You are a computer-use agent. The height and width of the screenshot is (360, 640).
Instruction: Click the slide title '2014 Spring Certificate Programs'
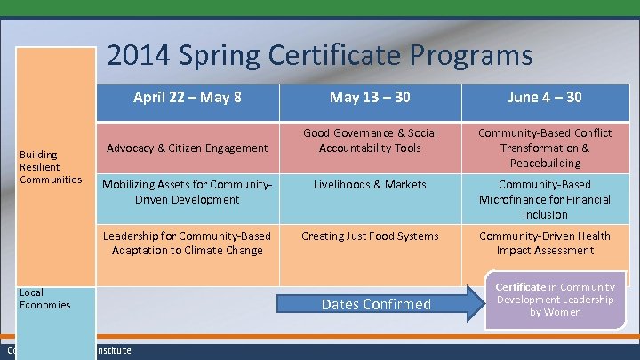click(x=320, y=56)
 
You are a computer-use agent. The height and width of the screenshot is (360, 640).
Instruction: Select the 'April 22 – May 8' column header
click(x=187, y=97)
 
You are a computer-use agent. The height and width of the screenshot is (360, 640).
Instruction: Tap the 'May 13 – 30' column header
click(x=370, y=97)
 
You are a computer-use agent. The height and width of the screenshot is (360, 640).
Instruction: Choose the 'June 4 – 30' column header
click(x=544, y=97)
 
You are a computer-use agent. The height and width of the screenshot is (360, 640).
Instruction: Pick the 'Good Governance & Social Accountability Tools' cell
click(x=370, y=140)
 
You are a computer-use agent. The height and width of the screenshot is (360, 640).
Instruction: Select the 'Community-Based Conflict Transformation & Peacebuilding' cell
click(x=544, y=148)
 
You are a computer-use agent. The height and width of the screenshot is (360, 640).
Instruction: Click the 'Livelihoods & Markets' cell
click(x=370, y=185)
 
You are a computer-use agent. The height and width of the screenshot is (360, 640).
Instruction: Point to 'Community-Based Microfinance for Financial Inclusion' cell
click(x=544, y=199)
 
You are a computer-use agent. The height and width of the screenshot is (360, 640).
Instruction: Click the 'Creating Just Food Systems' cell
click(x=370, y=236)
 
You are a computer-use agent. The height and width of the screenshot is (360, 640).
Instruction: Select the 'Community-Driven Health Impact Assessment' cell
click(x=544, y=243)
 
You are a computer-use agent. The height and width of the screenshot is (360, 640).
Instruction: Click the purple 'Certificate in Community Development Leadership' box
click(x=556, y=300)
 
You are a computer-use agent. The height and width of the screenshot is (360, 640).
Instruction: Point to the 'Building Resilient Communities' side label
click(x=52, y=167)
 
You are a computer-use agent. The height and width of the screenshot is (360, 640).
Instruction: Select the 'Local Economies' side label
click(x=44, y=299)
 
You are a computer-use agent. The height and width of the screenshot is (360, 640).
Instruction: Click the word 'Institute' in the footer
click(x=113, y=351)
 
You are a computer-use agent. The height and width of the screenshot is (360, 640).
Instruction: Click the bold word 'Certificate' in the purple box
click(x=521, y=287)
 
